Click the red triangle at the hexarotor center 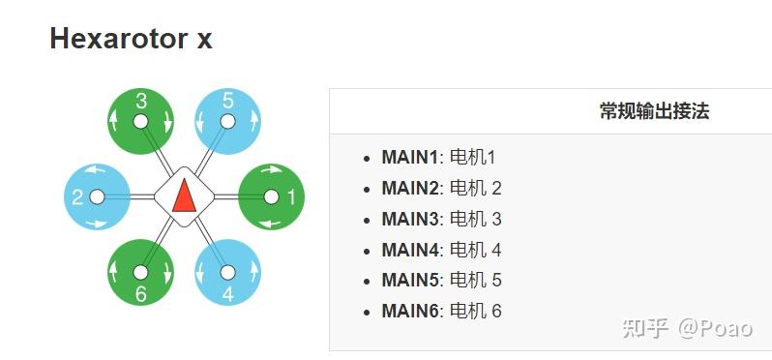point(184,196)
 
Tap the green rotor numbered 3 point(140,121)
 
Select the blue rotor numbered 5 point(227,121)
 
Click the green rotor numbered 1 point(271,196)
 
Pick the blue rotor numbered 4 point(227,273)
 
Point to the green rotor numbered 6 point(140,273)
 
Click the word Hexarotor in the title point(107,40)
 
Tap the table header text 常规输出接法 point(654,110)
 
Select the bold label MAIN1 point(410,157)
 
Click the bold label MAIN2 point(410,188)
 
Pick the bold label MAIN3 point(410,219)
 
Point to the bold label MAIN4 point(410,250)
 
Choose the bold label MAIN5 point(410,280)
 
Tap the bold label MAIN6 point(410,311)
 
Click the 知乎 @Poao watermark point(687,328)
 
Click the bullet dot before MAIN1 point(367,158)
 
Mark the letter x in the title point(202,41)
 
